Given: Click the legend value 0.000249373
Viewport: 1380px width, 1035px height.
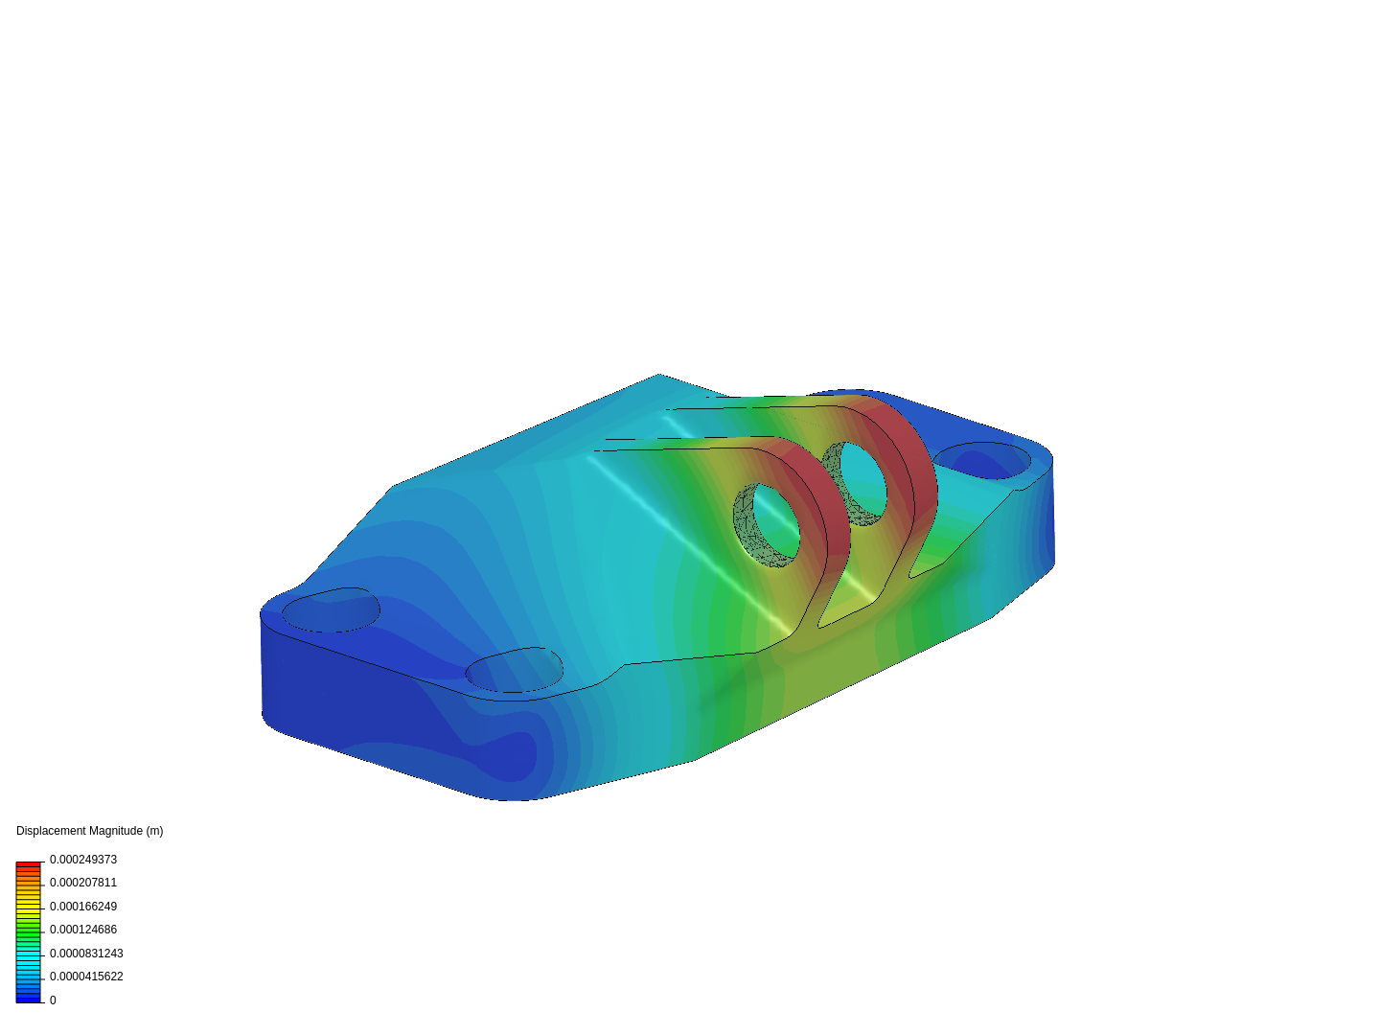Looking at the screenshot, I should tap(82, 860).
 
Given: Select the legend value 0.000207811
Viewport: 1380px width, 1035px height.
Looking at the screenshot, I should tap(82, 883).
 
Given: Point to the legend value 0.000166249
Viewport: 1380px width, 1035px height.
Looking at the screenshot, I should tap(82, 907).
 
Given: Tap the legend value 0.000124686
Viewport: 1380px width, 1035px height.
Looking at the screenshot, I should tap(82, 930).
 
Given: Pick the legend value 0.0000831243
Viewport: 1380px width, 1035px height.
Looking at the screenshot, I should tap(86, 954).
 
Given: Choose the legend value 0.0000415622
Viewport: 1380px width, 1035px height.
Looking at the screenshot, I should tap(86, 977).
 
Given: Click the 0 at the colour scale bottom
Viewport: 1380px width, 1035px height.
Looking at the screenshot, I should tap(53, 1000).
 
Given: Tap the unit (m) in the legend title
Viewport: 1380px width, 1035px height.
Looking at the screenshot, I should tap(153, 831).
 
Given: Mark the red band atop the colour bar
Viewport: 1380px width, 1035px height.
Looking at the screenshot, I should tap(28, 865).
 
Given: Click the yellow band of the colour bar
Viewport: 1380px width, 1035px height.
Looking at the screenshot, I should tap(28, 904).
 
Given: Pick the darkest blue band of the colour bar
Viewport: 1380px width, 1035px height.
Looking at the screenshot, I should tap(28, 999).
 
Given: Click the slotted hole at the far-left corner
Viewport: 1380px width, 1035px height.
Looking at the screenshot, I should tap(331, 610).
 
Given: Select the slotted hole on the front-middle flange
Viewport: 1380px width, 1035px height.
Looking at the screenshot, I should tap(515, 670).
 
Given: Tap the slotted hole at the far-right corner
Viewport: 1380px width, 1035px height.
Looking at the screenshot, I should tap(982, 461).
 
